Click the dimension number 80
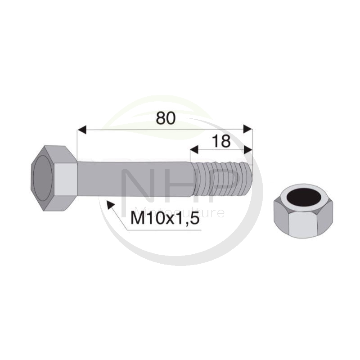(x=166, y=118)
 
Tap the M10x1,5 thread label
(x=165, y=218)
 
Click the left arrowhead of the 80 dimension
(x=82, y=130)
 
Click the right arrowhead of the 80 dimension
(x=248, y=129)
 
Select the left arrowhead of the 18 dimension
(x=194, y=149)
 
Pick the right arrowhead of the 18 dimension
(x=248, y=150)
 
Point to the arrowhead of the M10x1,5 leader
(x=111, y=205)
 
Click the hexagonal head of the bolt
(x=54, y=178)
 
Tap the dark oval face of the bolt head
(x=43, y=178)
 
